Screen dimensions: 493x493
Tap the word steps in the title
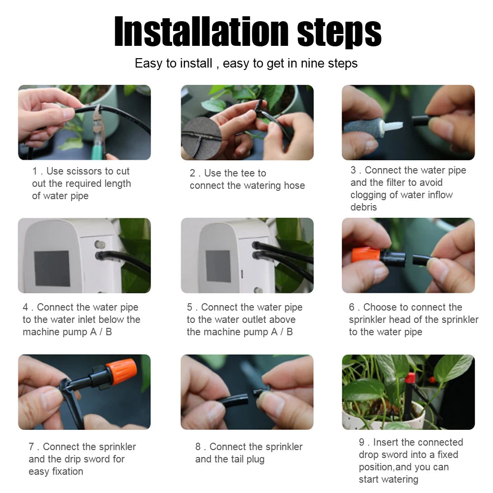click(339, 32)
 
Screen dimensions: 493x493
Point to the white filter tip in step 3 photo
click(393, 126)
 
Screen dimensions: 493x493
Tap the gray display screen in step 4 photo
click(52, 268)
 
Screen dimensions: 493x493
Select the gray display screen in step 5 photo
click(218, 266)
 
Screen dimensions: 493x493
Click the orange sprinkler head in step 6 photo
click(365, 255)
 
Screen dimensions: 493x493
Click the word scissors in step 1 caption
click(83, 171)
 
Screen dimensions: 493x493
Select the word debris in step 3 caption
click(363, 207)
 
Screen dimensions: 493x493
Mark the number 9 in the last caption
click(361, 442)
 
